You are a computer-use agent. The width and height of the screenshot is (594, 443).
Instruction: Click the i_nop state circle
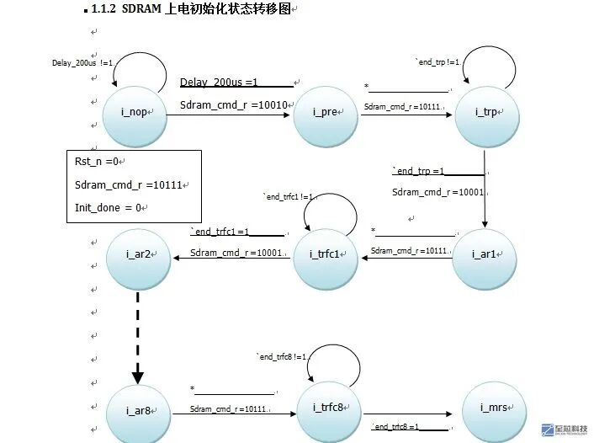135,113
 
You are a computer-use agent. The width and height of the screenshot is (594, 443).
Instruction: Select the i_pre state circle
326,113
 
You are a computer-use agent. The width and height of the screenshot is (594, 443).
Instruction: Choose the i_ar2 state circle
138,254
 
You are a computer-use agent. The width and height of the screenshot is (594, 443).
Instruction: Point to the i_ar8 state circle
138,411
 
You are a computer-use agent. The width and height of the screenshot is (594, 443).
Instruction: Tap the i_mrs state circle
495,409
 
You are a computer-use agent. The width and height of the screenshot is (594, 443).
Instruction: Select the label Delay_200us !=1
82,62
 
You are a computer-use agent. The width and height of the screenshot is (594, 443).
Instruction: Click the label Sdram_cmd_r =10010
234,105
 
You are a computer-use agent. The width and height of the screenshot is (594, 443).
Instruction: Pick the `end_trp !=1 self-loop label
438,62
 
